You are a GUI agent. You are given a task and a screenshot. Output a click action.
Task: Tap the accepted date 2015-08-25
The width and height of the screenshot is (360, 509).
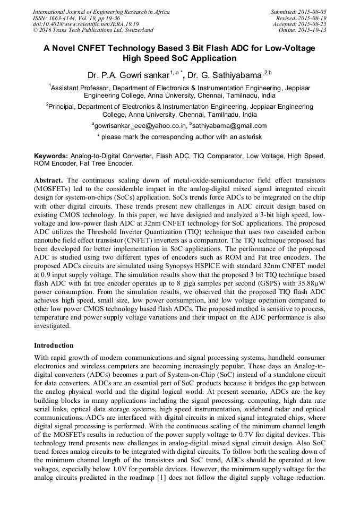[x=313, y=24]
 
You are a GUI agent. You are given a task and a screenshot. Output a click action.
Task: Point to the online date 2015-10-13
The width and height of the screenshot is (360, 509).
[x=313, y=30]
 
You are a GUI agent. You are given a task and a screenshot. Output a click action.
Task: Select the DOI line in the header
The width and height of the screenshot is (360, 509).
[x=86, y=24]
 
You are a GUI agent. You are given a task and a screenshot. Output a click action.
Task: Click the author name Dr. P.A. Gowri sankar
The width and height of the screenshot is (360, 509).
[x=130, y=74]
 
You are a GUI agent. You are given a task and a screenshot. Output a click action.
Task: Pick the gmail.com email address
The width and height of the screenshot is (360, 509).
[x=223, y=126]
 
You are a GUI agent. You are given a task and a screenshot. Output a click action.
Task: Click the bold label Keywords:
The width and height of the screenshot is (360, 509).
[x=51, y=157]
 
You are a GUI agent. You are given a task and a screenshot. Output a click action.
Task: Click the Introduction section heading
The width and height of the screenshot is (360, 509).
[x=54, y=346]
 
